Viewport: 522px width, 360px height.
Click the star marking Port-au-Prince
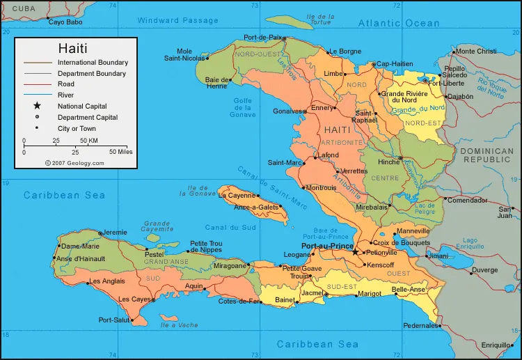(356, 252)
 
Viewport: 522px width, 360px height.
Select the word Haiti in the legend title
(72, 49)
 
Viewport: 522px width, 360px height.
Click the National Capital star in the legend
(36, 107)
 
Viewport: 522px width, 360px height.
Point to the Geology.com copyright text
(74, 163)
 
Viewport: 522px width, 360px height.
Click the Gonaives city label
(287, 111)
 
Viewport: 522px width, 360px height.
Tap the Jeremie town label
(115, 232)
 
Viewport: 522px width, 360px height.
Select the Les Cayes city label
(135, 299)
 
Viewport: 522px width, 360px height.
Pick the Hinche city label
(388, 162)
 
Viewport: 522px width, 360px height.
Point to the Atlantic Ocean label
(399, 23)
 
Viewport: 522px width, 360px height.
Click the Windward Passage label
(177, 20)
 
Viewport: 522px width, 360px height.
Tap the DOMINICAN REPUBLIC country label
(487, 155)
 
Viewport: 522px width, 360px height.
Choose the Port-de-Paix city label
(263, 38)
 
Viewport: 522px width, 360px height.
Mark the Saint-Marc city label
(283, 163)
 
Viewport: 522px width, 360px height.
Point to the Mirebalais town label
(370, 208)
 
